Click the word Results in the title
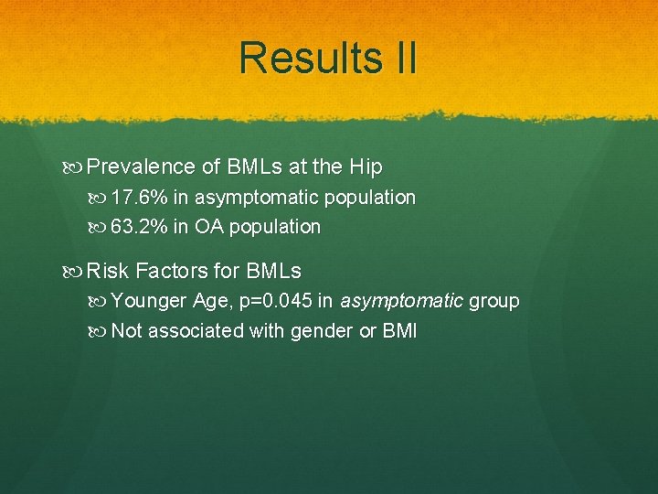point(300,58)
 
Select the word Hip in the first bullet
point(364,167)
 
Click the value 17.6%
point(139,198)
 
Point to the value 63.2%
point(139,227)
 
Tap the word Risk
point(109,272)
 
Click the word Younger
point(149,302)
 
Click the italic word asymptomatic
point(400,302)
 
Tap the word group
point(493,302)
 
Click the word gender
point(322,331)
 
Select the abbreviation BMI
point(399,331)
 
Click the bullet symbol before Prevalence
point(76,167)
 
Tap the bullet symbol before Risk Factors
point(76,272)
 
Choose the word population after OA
point(275,227)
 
